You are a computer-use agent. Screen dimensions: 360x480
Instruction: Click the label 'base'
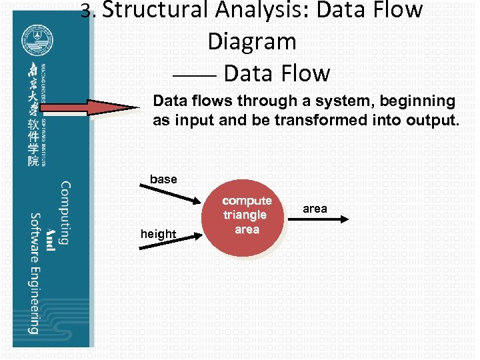163,179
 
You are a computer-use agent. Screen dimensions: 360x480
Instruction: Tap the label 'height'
158,233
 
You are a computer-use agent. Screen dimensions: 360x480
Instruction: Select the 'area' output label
315,209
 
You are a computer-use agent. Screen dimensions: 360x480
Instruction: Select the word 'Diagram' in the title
251,41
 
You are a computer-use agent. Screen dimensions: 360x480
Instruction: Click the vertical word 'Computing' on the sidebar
65,213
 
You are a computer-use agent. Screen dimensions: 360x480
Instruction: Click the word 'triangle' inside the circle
245,215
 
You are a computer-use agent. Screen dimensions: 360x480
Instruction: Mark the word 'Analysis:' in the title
261,10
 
